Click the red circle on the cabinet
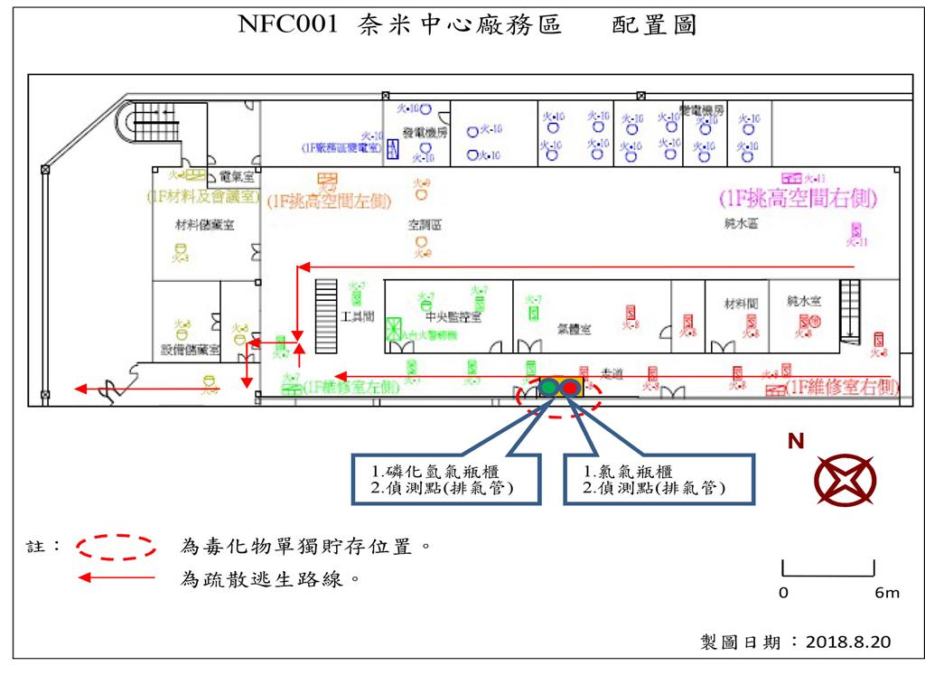[x=570, y=388]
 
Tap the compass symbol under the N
[x=845, y=480]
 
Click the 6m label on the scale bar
[x=887, y=594]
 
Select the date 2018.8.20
[x=846, y=642]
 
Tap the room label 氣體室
[x=575, y=330]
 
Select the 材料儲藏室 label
[x=205, y=225]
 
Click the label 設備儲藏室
[x=191, y=349]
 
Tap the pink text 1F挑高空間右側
[x=798, y=197]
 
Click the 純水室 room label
[x=803, y=299]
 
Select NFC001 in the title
[x=287, y=24]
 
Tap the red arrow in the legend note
[x=117, y=578]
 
